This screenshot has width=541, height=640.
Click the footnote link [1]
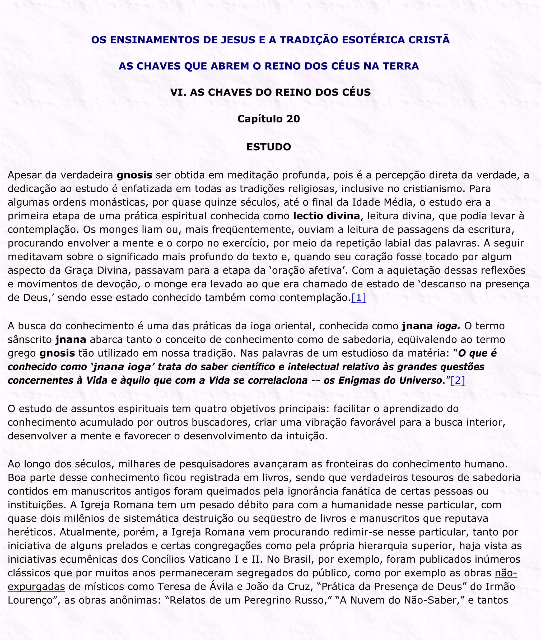[358, 297]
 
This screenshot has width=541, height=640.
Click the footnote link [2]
[458, 380]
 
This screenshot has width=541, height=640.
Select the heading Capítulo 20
[268, 119]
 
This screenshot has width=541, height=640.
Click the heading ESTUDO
[268, 147]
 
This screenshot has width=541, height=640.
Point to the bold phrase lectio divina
[326, 216]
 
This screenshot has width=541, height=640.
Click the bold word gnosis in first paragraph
[134, 175]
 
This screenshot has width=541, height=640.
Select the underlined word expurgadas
[36, 586]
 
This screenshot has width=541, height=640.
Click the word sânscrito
[30, 339]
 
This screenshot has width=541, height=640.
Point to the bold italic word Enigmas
[357, 380]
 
